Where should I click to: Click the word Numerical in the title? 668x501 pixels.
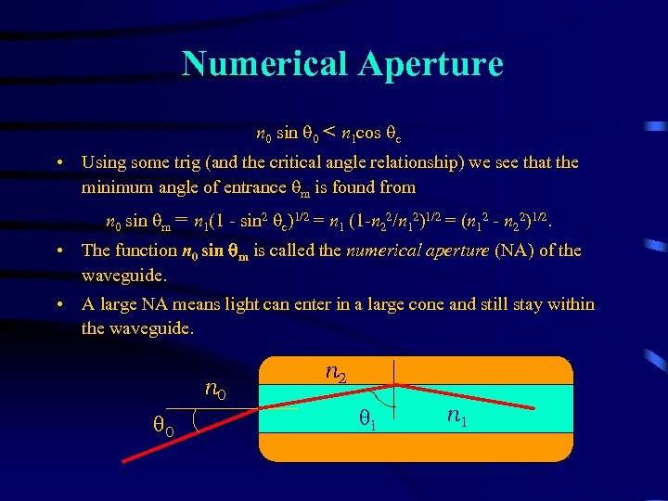tap(263, 63)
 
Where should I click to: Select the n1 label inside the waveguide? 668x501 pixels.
tap(456, 417)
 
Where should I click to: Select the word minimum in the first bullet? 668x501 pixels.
tap(114, 186)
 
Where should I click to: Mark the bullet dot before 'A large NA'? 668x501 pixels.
tap(58, 304)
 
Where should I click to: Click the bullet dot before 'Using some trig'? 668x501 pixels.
tap(58, 162)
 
